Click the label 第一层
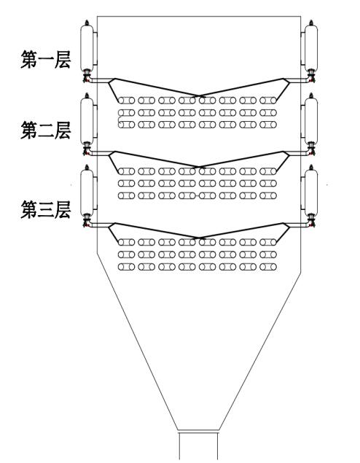click(46, 59)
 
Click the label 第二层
click(46, 131)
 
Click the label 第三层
click(46, 210)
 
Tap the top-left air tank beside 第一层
click(87, 48)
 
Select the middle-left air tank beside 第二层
click(87, 120)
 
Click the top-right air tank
click(311, 48)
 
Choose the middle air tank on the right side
click(311, 120)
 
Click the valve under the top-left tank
click(87, 77)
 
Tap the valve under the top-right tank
click(311, 77)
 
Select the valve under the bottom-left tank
click(87, 221)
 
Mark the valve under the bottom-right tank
click(311, 221)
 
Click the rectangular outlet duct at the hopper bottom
click(199, 446)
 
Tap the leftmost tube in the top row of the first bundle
click(126, 101)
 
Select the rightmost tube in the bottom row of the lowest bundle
click(268, 267)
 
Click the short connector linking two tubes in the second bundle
click(197, 195)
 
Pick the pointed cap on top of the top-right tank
click(310, 23)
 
